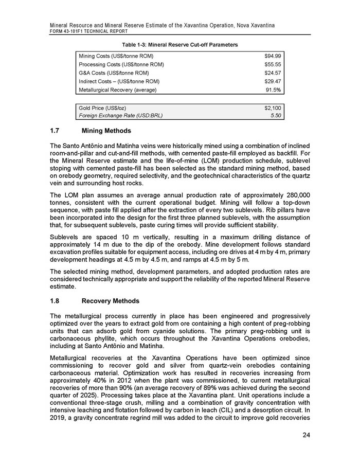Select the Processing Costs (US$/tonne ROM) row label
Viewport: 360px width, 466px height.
121,64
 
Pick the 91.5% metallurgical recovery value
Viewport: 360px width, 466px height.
274,90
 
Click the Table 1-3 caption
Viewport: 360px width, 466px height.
179,45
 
